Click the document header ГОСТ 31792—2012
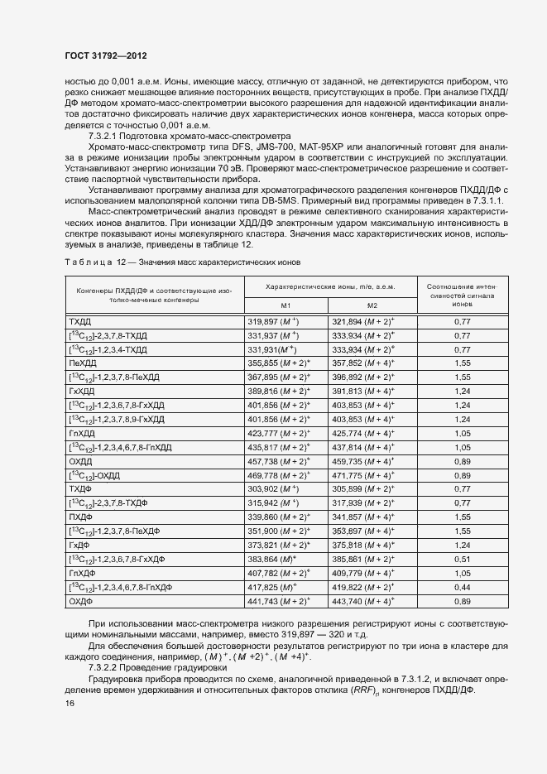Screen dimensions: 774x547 [x=106, y=57]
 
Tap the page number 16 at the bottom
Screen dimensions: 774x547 [x=69, y=703]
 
